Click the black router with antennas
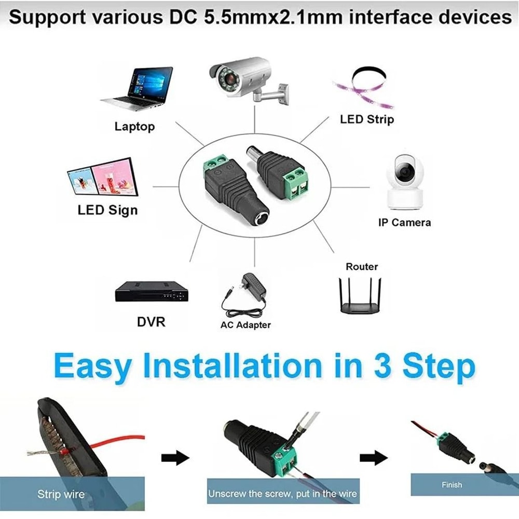361,295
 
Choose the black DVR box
152,292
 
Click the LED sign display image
103,178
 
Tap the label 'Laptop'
134,126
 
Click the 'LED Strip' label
367,119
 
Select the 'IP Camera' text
404,223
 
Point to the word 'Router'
362,267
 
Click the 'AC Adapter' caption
245,325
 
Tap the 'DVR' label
151,321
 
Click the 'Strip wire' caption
61,494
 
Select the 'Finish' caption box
451,485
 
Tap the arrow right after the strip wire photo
175,458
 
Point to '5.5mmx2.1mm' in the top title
255,17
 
